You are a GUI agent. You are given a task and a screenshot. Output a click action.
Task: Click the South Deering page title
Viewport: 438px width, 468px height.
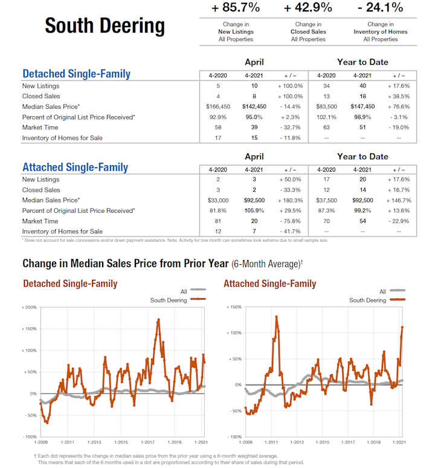pos(105,26)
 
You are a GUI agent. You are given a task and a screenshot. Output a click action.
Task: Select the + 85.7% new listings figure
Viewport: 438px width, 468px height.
pos(236,8)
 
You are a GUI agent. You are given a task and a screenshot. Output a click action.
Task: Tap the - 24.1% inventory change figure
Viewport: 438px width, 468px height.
pos(381,8)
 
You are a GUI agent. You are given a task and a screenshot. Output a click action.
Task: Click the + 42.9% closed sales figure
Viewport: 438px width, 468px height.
pos(308,8)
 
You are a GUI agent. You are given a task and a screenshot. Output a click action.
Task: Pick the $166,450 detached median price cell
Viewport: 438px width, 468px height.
pos(217,106)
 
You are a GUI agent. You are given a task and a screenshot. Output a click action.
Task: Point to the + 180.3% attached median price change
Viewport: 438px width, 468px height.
pos(289,200)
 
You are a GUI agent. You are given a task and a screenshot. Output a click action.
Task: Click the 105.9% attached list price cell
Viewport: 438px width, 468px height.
pos(253,210)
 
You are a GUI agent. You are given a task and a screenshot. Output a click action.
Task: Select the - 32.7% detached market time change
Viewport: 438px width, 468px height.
pos(289,128)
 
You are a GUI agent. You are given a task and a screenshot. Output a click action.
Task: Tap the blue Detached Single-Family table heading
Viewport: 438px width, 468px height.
pos(76,74)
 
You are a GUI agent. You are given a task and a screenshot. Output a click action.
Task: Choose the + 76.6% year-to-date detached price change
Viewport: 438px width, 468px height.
pos(398,106)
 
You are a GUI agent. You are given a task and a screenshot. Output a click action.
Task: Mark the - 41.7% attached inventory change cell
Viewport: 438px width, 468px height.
pos(289,232)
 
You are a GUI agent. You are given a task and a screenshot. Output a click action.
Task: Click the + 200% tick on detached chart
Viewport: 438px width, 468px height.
pos(28,308)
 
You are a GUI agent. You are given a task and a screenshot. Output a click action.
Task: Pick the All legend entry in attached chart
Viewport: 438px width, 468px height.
pos(383,291)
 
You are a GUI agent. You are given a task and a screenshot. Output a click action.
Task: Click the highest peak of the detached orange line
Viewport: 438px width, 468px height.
pos(158,320)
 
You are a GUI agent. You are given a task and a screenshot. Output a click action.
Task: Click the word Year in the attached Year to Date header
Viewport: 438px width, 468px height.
pos(347,156)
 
